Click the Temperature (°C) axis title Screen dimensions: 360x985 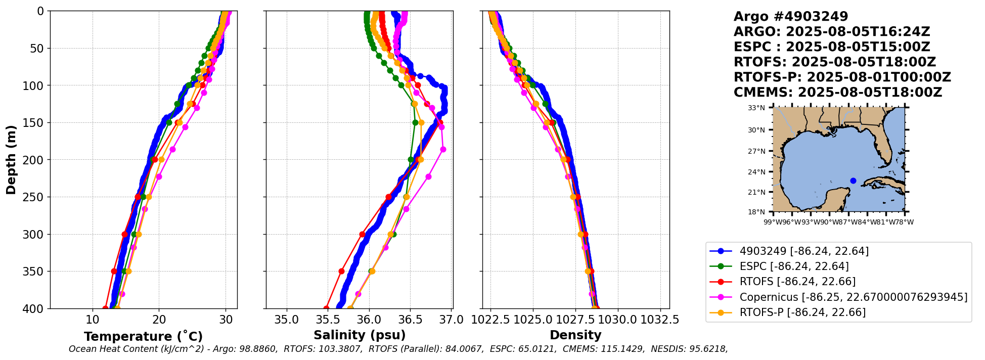pyautogui.click(x=143, y=337)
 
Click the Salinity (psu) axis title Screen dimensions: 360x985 pyautogui.click(x=360, y=335)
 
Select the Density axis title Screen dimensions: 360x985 pyautogui.click(x=575, y=335)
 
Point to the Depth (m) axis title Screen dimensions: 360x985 pyautogui.click(x=11, y=160)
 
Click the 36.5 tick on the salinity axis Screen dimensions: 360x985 pyautogui.click(x=410, y=320)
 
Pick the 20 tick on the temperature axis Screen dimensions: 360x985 pyautogui.click(x=159, y=320)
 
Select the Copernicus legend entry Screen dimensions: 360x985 pyautogui.click(x=853, y=297)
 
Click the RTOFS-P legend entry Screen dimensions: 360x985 pyautogui.click(x=802, y=312)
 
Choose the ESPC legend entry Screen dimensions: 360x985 pyautogui.click(x=794, y=266)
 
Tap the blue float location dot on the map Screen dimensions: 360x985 pyautogui.click(x=854, y=181)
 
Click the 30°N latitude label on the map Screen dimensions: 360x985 pyautogui.click(x=756, y=130)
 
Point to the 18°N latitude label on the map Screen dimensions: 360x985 pyautogui.click(x=756, y=212)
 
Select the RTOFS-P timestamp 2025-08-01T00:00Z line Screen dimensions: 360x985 pyautogui.click(x=842, y=77)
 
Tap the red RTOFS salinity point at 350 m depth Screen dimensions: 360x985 pyautogui.click(x=341, y=271)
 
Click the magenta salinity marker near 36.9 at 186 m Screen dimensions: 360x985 pyautogui.click(x=443, y=149)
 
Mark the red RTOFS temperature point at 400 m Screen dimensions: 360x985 pyautogui.click(x=105, y=308)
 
